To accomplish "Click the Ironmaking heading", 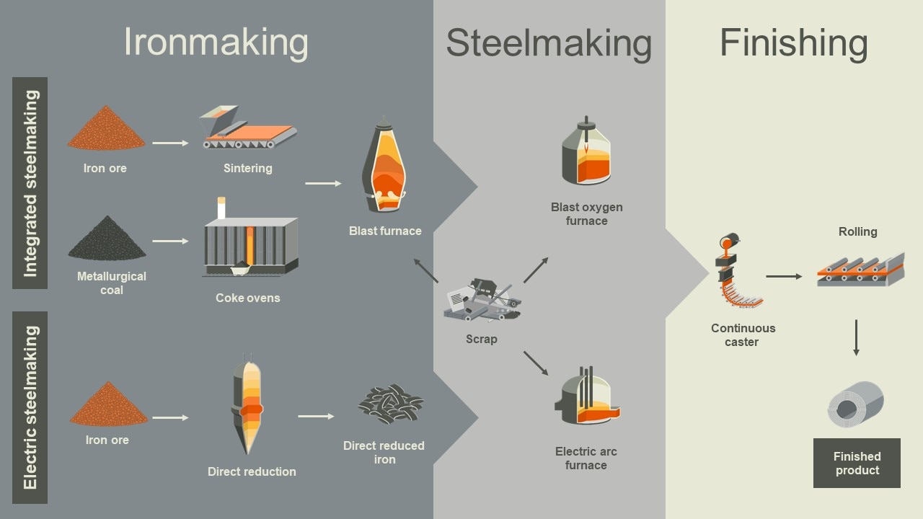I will [216, 42].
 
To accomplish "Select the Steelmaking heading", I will [549, 43].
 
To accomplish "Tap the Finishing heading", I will [794, 43].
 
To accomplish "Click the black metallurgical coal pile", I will [107, 239].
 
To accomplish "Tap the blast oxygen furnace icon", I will [586, 153].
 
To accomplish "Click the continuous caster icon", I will [736, 273].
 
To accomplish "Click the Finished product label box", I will [857, 463].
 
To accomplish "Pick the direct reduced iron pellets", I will [390, 404].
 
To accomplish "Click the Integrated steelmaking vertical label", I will [30, 183].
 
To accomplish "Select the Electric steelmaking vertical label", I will [30, 407].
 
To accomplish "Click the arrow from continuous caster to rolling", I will [784, 276].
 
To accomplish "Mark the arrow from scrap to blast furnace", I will [426, 270].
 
